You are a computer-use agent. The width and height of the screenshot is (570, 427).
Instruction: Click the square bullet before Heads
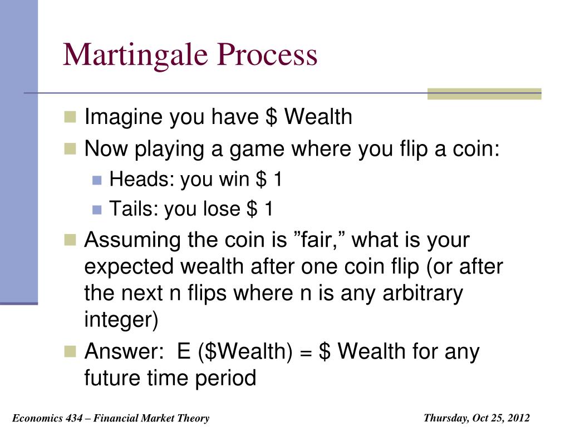(x=97, y=180)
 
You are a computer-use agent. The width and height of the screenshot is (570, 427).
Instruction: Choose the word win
(x=235, y=180)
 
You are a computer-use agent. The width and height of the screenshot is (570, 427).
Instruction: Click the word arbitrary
(x=422, y=293)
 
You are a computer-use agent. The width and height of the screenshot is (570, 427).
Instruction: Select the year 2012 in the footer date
(x=518, y=418)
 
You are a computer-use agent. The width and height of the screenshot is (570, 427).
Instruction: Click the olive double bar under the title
(x=484, y=93)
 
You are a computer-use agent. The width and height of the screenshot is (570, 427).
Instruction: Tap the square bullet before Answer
(x=70, y=351)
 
